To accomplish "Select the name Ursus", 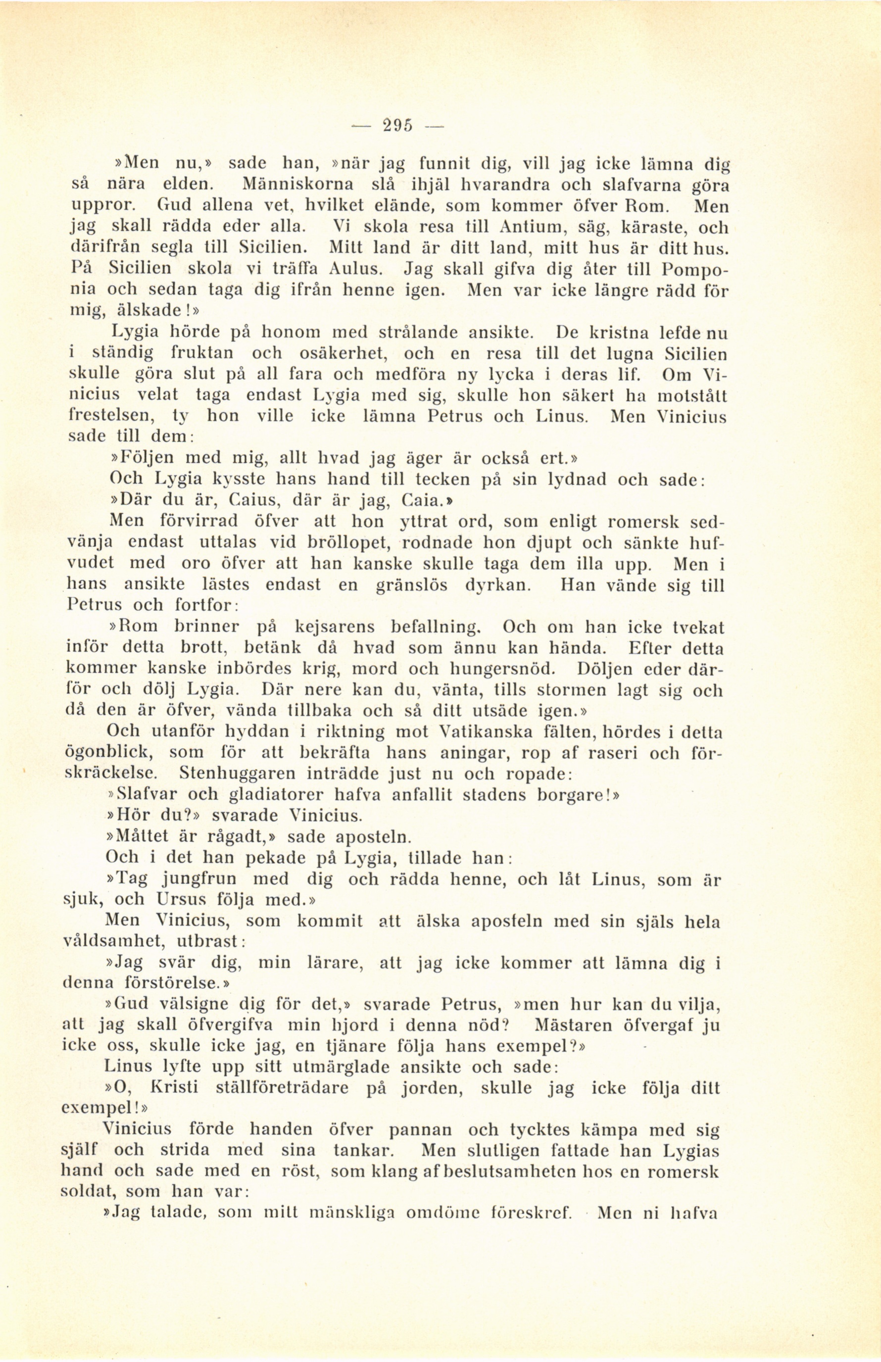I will (x=181, y=899).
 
